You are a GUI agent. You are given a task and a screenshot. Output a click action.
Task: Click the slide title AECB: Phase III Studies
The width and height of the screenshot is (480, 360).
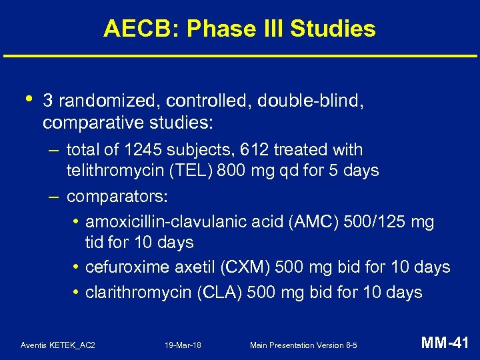pyautogui.click(x=239, y=29)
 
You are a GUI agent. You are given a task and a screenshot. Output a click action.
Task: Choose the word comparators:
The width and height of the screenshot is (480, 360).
pyautogui.click(x=117, y=197)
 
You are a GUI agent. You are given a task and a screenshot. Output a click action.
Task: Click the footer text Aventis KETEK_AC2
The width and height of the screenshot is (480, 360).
pyautogui.click(x=58, y=345)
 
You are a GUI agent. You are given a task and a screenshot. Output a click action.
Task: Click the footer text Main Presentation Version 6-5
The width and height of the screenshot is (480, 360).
pyautogui.click(x=303, y=345)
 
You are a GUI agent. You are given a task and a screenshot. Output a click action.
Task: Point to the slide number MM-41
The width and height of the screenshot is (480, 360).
pyautogui.click(x=445, y=343)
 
